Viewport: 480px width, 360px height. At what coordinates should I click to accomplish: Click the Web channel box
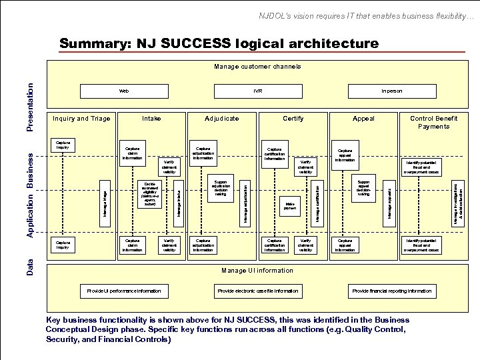[x=123, y=90]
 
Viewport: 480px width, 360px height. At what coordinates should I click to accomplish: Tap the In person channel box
[x=391, y=90]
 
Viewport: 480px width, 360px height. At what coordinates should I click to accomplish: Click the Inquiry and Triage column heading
[x=81, y=119]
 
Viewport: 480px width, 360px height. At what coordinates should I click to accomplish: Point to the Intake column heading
[x=152, y=119]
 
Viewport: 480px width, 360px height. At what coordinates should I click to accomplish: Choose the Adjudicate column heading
[x=222, y=119]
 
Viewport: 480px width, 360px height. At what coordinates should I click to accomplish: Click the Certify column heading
[x=293, y=119]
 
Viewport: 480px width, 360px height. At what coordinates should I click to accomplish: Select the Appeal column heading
[x=363, y=119]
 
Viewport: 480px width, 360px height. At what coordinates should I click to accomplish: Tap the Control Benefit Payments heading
[x=433, y=122]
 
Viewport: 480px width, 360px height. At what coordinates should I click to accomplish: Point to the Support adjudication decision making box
[x=221, y=190]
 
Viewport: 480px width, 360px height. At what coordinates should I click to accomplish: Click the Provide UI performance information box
[x=124, y=291]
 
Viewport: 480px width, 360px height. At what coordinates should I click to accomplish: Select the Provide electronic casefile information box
[x=258, y=291]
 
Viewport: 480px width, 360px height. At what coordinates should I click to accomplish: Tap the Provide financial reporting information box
[x=391, y=291]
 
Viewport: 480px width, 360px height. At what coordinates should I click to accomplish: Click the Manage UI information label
[x=257, y=270]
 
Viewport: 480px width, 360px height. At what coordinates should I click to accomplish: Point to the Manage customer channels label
[x=257, y=66]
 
